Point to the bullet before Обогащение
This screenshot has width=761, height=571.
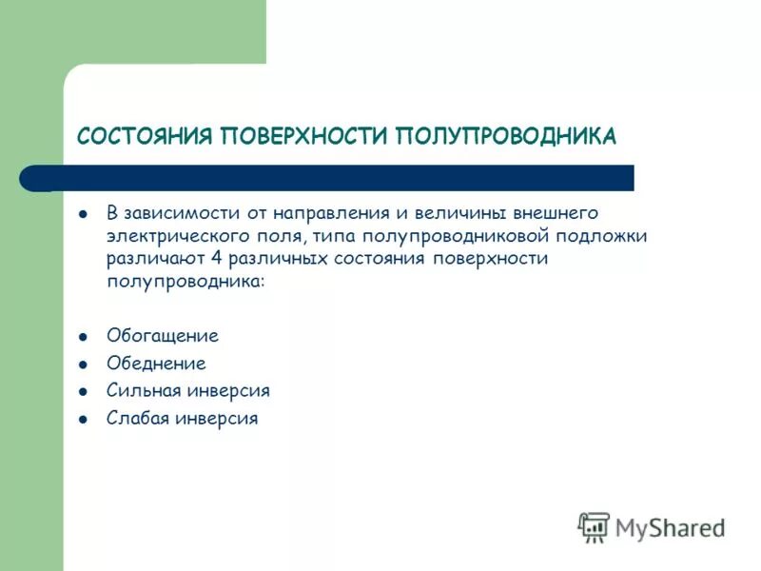click(84, 337)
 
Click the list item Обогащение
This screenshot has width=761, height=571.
click(162, 336)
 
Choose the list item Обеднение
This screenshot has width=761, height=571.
click(156, 364)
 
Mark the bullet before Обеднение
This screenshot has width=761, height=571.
click(84, 364)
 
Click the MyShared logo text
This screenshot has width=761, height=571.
click(670, 526)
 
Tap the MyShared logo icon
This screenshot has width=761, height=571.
click(594, 526)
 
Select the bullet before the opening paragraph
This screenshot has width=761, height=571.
click(84, 213)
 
